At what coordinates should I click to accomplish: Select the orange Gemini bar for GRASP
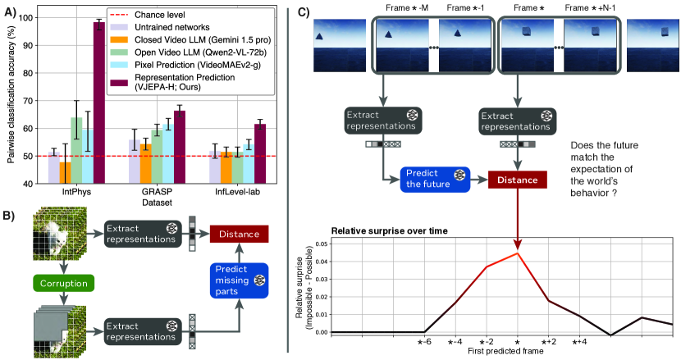point(145,163)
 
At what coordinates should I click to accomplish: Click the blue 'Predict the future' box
point(435,177)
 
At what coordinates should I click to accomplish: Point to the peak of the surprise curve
point(518,253)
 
